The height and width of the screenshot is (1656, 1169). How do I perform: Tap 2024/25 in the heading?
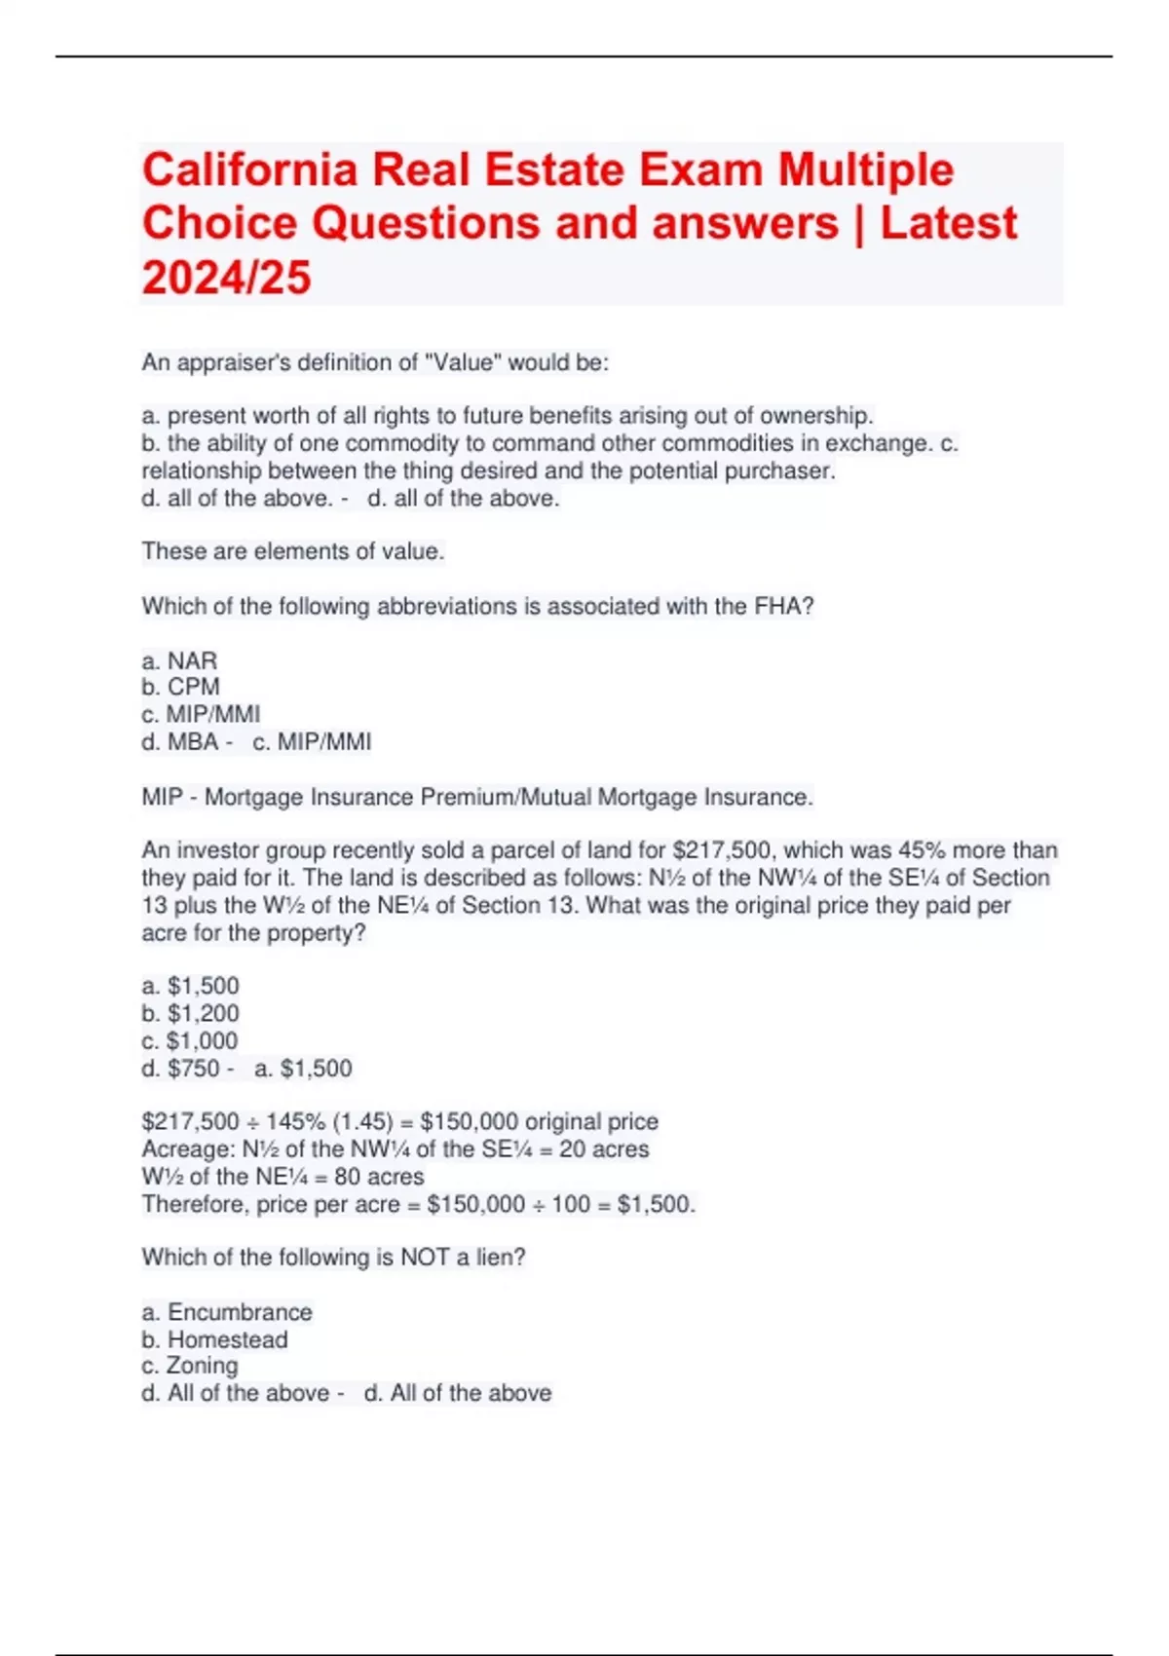[226, 278]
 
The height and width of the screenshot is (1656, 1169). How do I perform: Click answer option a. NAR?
[180, 660]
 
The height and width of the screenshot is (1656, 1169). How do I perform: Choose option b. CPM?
[181, 687]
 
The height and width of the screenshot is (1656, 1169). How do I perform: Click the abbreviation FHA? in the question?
[783, 607]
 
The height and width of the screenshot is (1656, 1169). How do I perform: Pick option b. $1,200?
[191, 1013]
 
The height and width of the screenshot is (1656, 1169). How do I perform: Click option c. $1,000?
[190, 1040]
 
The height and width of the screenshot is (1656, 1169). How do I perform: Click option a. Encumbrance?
[227, 1312]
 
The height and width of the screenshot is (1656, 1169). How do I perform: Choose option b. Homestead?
[215, 1339]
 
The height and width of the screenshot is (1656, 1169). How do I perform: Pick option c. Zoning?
[190, 1366]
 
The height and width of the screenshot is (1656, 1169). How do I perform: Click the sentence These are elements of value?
[293, 551]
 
